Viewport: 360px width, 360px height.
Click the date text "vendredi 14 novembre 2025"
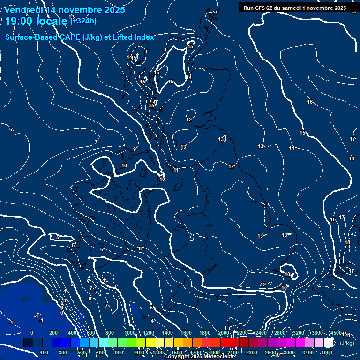coord(65,10)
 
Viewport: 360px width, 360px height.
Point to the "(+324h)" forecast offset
coord(83,20)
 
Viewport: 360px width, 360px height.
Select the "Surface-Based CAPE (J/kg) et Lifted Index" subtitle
coord(80,37)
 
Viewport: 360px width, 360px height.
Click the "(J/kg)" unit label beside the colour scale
coord(347,343)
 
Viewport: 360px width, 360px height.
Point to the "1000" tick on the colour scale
coord(129,333)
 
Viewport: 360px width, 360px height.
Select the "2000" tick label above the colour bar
coord(224,333)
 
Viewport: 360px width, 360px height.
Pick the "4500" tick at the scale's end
coord(336,333)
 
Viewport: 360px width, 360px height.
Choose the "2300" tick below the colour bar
coord(252,352)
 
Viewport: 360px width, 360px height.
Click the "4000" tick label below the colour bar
coord(327,352)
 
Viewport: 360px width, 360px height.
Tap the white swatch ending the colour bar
coord(328,343)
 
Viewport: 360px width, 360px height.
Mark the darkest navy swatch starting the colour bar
coord(28,343)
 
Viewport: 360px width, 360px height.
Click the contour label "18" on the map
coord(347,242)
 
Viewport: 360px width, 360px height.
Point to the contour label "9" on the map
coord(134,149)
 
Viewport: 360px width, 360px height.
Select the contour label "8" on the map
coord(140,248)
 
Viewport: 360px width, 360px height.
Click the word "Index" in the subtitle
coord(144,37)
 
